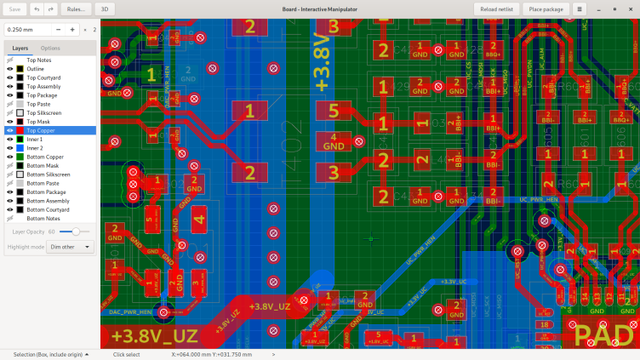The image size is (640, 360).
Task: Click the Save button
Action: coord(15,9)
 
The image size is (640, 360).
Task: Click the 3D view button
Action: coord(104,9)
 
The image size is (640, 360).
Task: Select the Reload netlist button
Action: coord(496,9)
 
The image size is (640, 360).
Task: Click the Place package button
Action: coord(546,9)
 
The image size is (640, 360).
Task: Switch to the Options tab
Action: coord(50,48)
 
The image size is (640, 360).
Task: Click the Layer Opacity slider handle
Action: coord(76,231)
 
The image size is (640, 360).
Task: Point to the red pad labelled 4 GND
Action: coord(334,141)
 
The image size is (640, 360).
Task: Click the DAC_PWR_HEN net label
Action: coord(130,312)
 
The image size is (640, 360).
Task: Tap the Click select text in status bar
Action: coord(126,354)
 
